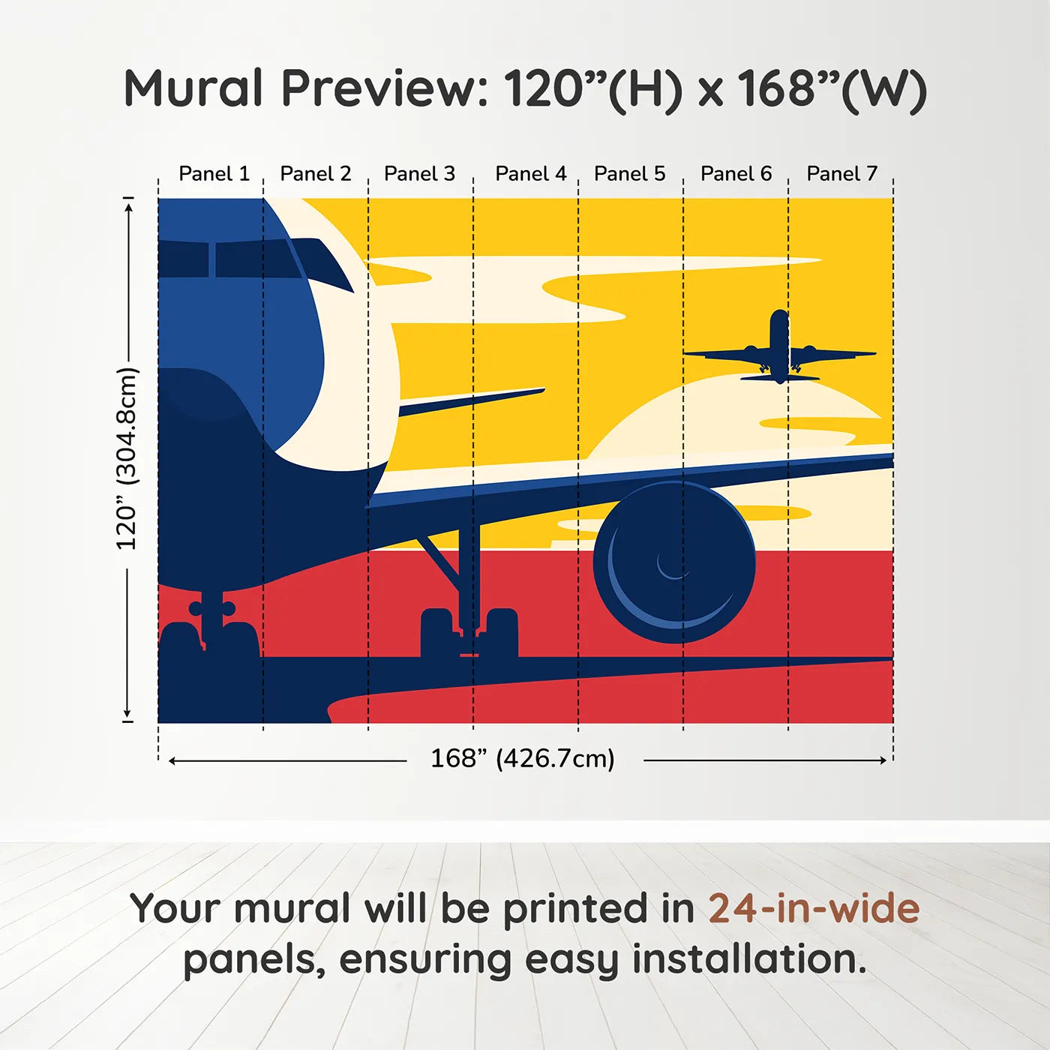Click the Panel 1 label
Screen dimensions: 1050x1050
pos(214,174)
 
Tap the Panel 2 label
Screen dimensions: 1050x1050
pos(315,174)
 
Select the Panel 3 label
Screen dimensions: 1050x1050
pos(419,174)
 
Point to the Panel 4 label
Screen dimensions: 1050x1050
pos(530,174)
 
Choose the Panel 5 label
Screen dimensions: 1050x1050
pos(629,174)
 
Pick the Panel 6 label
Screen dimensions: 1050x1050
pos(736,174)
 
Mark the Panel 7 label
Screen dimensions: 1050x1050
pos(841,174)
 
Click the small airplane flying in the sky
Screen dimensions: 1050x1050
pos(779,349)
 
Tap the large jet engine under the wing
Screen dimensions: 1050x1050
pos(673,562)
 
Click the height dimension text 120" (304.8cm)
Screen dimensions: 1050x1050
pos(127,459)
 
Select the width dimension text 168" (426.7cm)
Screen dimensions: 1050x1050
pos(522,759)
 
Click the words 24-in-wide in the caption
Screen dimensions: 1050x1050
pos(814,909)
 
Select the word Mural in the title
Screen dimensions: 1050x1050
pos(193,88)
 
